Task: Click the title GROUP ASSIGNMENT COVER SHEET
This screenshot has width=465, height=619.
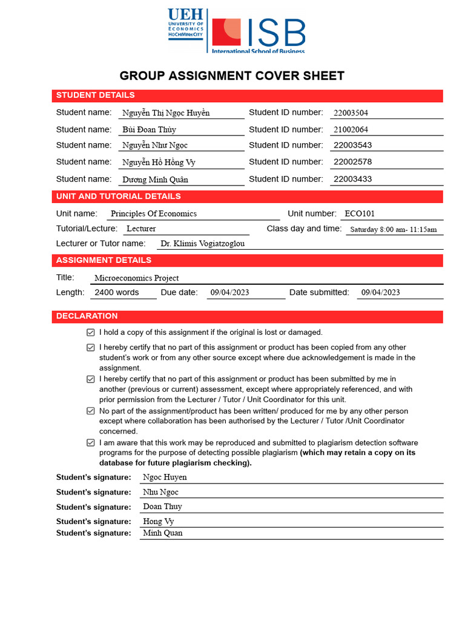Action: (232, 76)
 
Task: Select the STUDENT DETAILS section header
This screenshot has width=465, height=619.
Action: (96, 96)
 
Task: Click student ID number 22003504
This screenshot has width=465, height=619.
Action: (351, 113)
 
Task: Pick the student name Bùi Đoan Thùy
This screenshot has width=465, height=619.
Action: (149, 129)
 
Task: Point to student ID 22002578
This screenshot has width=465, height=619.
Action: (352, 162)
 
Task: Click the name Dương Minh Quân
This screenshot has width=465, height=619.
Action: (155, 180)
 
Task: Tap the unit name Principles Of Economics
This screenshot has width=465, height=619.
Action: (153, 214)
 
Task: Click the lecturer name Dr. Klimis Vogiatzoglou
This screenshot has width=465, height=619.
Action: (202, 244)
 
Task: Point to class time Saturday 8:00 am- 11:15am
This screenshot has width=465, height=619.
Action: (393, 230)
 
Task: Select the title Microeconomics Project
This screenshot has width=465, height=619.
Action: (136, 278)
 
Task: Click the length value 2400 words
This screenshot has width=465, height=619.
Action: (117, 293)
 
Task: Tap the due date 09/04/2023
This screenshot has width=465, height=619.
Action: (229, 293)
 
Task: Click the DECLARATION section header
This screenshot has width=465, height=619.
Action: (87, 316)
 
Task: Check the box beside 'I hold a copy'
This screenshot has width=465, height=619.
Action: (91, 332)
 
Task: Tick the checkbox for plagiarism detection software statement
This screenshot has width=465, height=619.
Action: (91, 443)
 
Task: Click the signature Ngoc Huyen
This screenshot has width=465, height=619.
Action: (165, 477)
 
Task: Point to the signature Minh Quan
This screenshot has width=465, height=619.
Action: (162, 533)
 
